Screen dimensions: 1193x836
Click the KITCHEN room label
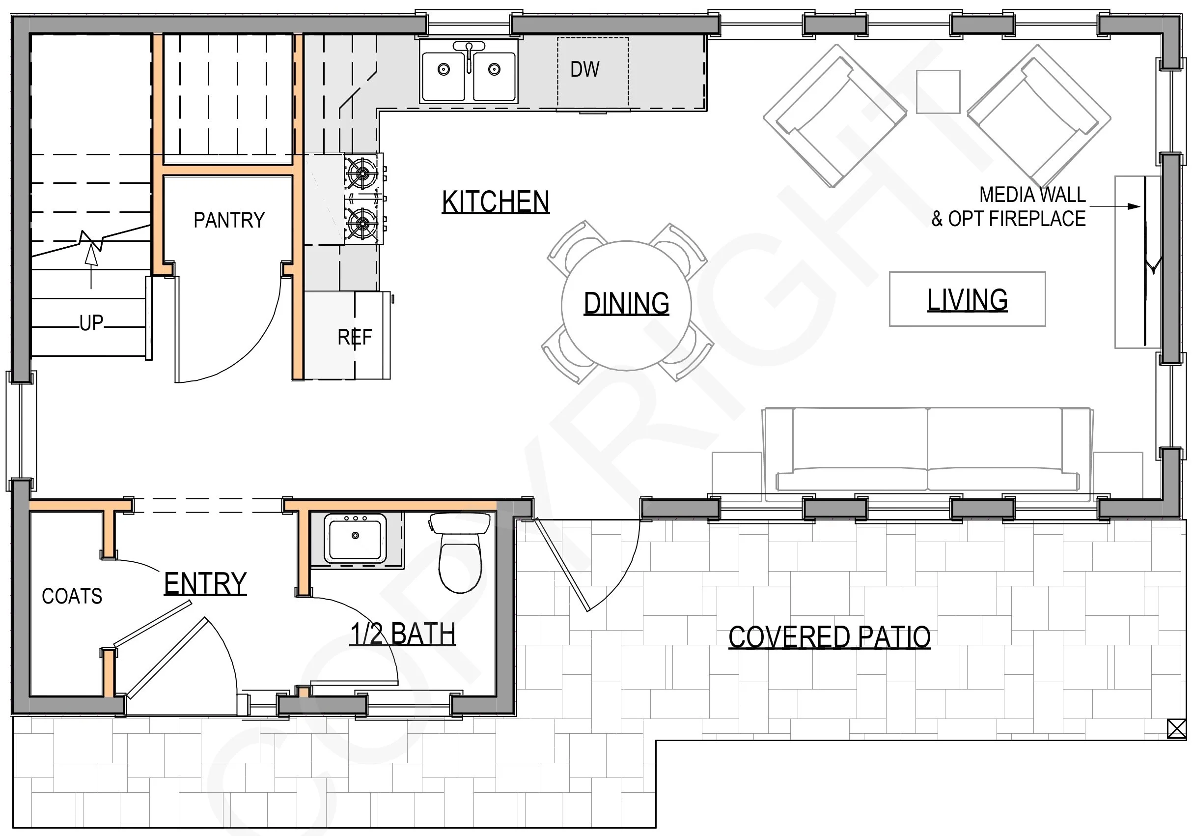(496, 202)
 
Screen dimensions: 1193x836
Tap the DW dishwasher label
(585, 69)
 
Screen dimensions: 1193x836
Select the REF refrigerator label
(355, 338)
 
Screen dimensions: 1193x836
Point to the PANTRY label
(229, 220)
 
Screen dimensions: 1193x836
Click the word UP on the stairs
(91, 323)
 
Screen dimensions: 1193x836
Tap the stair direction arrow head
(91, 255)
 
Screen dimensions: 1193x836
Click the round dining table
(626, 305)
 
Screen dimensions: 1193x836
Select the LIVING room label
(968, 300)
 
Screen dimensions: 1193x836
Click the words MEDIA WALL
(1032, 195)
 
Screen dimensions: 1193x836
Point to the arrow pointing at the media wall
(1115, 206)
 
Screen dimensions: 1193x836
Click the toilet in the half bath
(460, 552)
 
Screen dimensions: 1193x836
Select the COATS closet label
(72, 596)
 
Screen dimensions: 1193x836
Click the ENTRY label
(205, 583)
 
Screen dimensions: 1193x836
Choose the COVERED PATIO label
(829, 637)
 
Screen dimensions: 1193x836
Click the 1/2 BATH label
(403, 634)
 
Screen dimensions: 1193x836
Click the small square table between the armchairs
(938, 91)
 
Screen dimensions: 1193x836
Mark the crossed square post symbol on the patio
(1176, 728)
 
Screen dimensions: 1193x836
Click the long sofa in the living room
(927, 450)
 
